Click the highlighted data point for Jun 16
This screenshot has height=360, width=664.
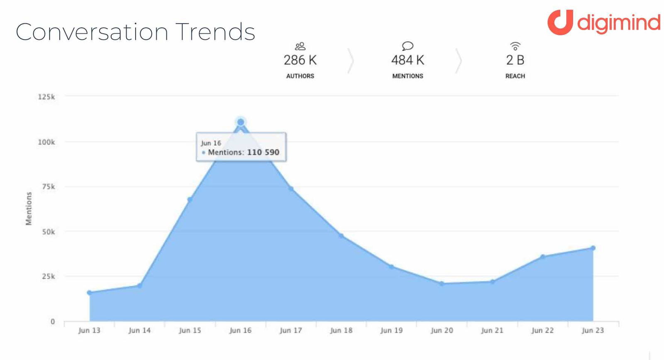point(241,122)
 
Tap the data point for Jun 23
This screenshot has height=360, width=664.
point(593,248)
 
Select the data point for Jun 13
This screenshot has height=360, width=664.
point(89,293)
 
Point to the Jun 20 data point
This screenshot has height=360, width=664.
point(442,284)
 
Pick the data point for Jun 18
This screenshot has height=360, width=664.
point(341,236)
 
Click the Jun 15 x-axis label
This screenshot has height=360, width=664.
point(190,331)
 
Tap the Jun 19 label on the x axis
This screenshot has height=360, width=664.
point(391,331)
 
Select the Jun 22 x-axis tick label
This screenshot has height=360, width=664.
point(542,331)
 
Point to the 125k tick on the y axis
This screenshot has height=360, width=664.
point(46,97)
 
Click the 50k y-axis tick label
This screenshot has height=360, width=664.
point(48,232)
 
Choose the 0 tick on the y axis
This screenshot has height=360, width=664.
point(53,322)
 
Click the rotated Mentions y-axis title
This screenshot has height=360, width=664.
point(29,209)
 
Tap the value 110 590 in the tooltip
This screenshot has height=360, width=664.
point(263,152)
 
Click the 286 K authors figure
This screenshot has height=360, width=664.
point(300,61)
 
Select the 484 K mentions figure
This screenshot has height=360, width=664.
point(408,61)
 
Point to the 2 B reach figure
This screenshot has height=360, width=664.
point(515,61)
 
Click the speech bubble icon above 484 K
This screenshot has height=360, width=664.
point(408,46)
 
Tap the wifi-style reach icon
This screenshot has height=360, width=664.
point(515,46)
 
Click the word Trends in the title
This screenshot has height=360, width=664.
point(215,32)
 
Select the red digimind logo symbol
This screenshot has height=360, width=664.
point(560,22)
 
